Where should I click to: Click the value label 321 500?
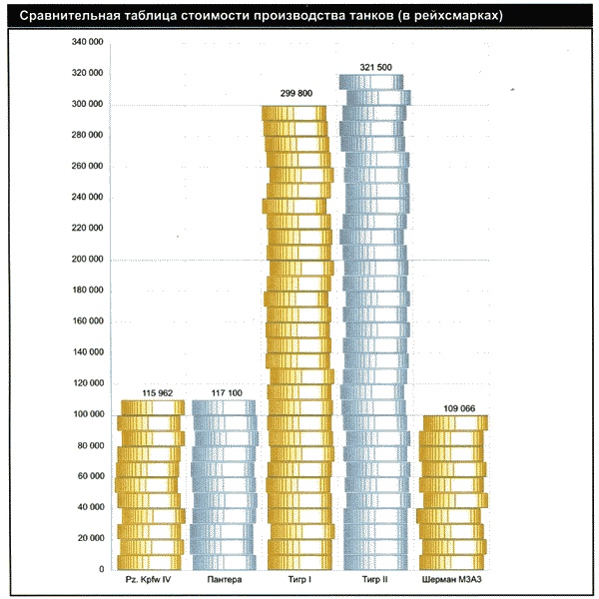373,67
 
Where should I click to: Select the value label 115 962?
151,393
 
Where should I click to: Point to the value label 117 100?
226,393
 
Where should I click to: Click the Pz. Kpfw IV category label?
150,580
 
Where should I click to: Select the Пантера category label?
225,580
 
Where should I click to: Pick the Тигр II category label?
374,580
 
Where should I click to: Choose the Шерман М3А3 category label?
453,580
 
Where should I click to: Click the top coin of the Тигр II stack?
374,82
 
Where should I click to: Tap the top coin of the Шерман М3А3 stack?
454,422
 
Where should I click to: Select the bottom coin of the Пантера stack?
224,562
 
